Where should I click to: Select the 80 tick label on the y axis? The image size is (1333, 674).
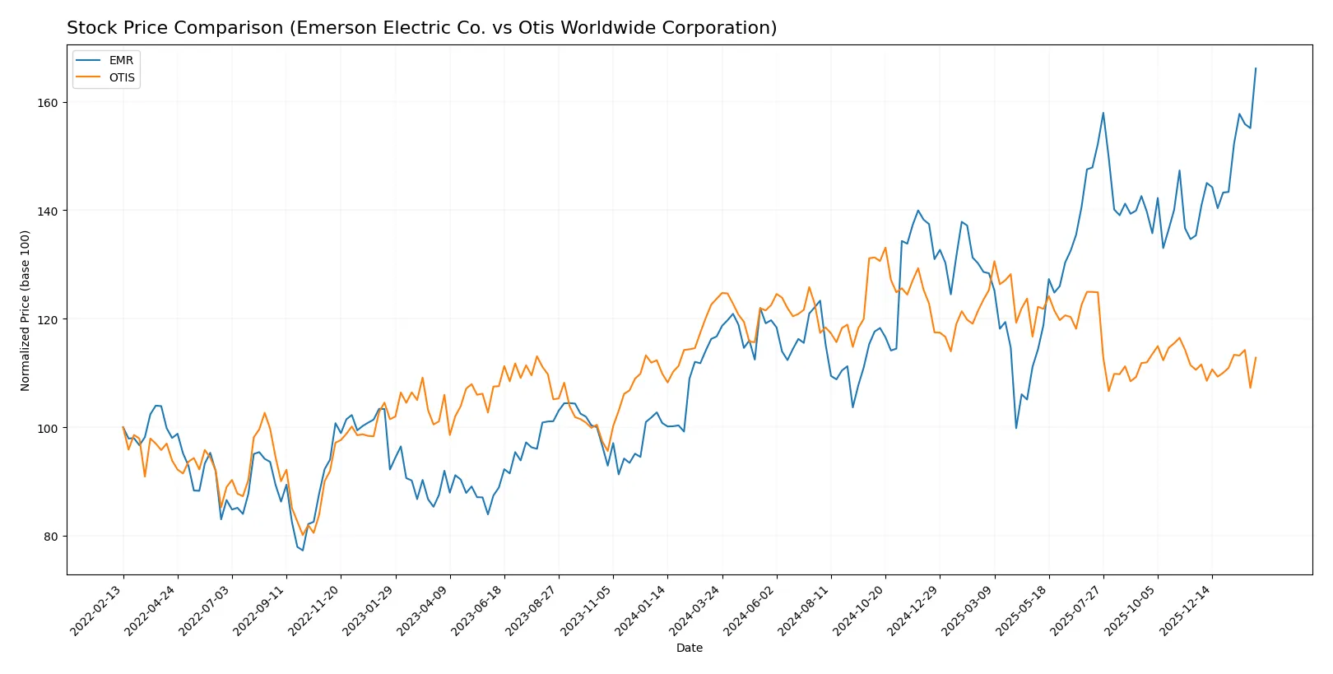pos(50,537)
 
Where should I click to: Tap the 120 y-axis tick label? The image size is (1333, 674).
pos(47,319)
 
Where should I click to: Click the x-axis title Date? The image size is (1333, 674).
pos(689,648)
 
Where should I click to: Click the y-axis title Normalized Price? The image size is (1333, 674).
pos(26,310)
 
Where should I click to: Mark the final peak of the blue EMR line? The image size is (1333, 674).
pos(1256,68)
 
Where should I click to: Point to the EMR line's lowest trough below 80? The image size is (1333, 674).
pos(303,551)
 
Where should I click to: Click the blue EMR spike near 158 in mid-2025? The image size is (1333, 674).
pos(1103,113)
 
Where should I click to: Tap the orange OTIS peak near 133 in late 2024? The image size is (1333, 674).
pos(885,248)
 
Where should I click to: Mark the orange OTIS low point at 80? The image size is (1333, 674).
pos(303,535)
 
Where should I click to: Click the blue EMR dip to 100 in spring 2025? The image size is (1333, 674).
pos(1016,428)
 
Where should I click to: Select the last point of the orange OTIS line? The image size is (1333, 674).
pos(1256,357)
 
